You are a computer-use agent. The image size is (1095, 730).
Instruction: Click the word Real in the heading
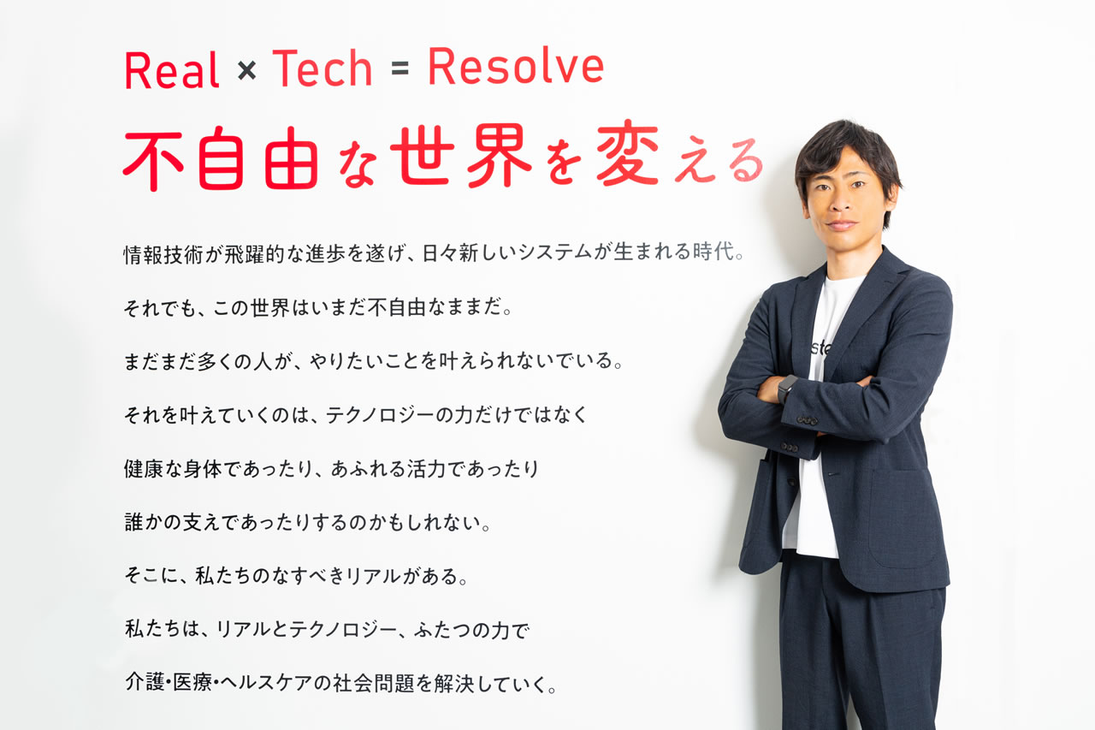(x=172, y=70)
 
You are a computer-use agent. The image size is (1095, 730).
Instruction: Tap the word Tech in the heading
(x=323, y=68)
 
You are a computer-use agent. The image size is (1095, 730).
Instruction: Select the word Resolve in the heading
(x=516, y=67)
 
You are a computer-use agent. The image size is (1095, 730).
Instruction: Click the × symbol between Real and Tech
(x=247, y=70)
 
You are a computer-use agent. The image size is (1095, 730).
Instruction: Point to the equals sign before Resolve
(x=400, y=69)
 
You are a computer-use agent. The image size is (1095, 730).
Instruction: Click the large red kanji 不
(x=153, y=158)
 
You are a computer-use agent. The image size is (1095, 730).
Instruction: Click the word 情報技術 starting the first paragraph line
(x=163, y=255)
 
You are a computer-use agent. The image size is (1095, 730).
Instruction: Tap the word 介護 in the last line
(x=145, y=681)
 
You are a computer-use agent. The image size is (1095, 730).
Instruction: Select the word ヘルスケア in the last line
(x=267, y=683)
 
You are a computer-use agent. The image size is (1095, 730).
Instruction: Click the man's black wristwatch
(x=786, y=389)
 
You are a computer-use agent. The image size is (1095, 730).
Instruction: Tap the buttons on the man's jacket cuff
(x=808, y=420)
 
